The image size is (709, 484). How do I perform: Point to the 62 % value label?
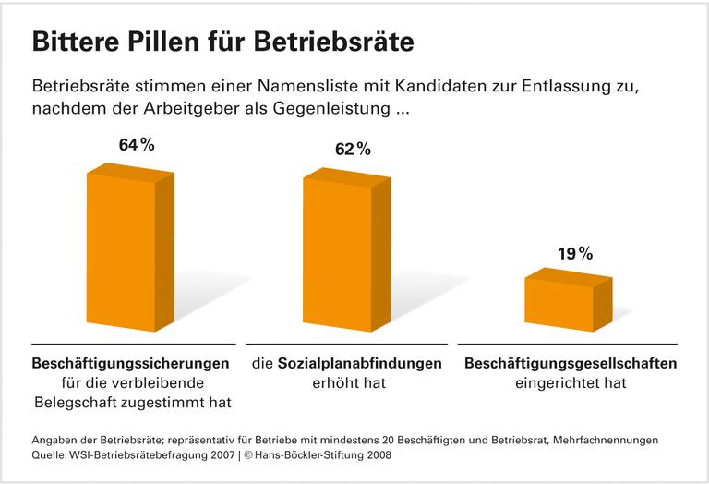tap(353, 150)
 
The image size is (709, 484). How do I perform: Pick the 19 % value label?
tap(574, 253)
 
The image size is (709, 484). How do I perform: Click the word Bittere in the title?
tap(78, 42)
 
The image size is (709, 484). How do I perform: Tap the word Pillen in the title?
tap(174, 42)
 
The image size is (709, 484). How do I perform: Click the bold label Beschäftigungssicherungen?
tap(130, 363)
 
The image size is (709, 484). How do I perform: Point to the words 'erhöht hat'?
tap(347, 382)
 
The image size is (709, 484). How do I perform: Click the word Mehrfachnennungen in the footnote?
tap(625, 440)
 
